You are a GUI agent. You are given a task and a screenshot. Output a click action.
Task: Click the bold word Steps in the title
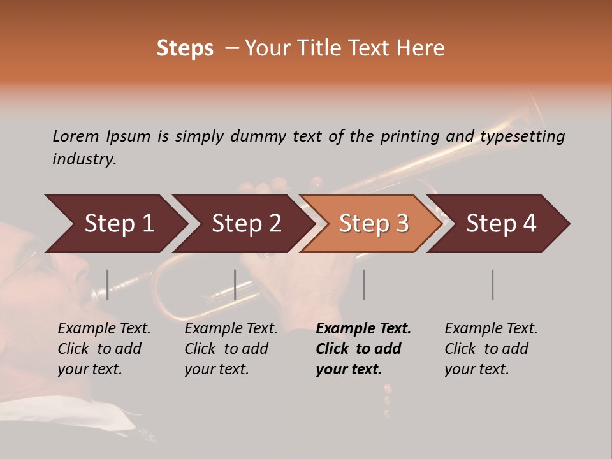coord(185,48)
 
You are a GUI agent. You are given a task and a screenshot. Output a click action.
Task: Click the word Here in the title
coord(422,48)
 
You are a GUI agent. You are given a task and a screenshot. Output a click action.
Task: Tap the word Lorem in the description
coord(76,136)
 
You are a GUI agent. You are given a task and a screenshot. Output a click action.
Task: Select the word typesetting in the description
coord(522,136)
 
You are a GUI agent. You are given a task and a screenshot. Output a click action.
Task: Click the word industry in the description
coord(84,159)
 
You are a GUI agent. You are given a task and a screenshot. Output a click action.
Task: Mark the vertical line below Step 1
coord(108,284)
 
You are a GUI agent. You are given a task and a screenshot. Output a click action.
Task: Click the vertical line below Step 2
coord(235,284)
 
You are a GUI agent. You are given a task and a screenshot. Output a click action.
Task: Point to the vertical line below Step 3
coord(363,284)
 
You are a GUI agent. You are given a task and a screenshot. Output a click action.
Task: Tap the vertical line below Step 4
coord(492,284)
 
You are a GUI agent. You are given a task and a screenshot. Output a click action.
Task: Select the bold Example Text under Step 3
coord(363,329)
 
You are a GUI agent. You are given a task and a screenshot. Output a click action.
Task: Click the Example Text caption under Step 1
coord(104,329)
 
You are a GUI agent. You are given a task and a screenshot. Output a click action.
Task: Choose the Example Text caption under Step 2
coord(231,329)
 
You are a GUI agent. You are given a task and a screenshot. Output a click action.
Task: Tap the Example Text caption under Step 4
coord(491,329)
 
